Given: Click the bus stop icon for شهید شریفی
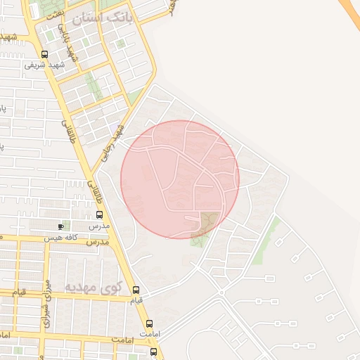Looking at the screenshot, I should coord(45,54).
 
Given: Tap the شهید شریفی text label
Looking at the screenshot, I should coord(44,65).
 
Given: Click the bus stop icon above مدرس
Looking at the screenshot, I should coord(98,214).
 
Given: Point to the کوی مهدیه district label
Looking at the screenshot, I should coord(94,287).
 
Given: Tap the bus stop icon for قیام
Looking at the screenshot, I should coord(136,290).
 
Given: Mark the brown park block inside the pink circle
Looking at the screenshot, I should coord(210,221).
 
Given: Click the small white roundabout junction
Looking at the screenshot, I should coord(221,291).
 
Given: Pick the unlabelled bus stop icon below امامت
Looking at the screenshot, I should coord(154,352).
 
